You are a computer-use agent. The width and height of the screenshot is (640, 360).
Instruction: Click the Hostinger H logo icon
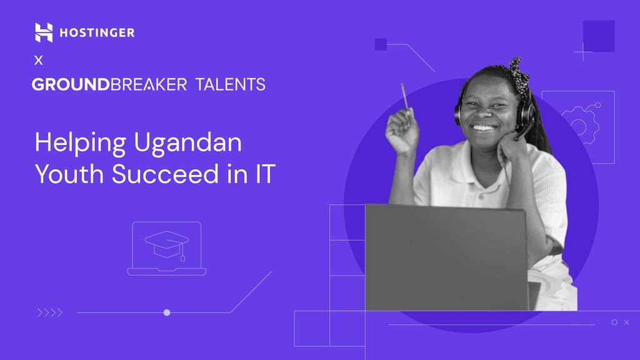coord(44,32)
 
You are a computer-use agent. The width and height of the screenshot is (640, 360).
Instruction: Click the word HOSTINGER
coord(97,32)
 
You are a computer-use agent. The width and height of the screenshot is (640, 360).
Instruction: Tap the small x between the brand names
coord(39,61)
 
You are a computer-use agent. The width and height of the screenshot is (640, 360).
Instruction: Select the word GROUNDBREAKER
coord(109,84)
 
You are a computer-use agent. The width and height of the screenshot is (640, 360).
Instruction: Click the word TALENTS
coord(230,84)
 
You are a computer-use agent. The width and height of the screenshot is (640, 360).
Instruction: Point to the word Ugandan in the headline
coord(187,144)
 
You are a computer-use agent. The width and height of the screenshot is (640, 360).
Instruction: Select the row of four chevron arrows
coord(49,312)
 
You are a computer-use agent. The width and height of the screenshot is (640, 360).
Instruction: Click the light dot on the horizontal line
coord(167,312)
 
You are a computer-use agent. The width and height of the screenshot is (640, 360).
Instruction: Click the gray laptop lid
coord(446,257)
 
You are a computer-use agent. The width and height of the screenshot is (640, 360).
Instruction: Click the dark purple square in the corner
coord(599,36)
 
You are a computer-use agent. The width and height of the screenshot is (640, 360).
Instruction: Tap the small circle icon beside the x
coord(614,322)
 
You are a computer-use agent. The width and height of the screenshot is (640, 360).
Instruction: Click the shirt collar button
coord(480,186)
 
